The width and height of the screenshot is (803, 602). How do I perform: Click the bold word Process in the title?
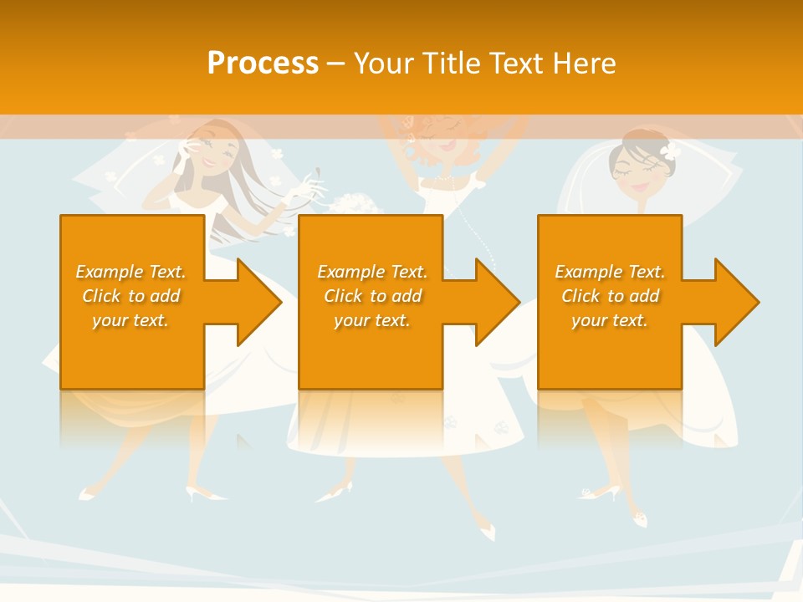tap(263, 64)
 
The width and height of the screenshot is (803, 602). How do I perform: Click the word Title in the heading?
tap(449, 64)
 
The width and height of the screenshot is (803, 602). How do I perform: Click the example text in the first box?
tap(130, 295)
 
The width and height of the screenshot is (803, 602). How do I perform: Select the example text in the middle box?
tap(371, 295)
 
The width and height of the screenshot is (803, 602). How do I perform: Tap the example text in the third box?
tap(610, 295)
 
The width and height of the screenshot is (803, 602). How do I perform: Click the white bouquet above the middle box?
tap(345, 204)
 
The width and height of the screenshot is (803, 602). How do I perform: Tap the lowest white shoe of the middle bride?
tap(484, 530)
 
